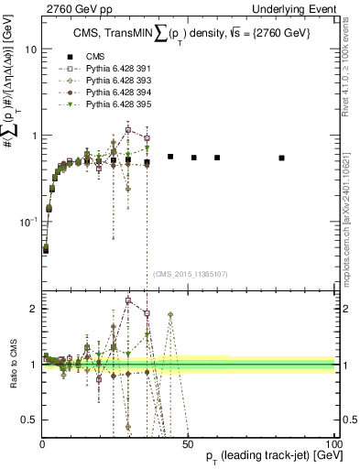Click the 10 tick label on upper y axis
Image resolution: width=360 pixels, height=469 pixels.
pos(30,49)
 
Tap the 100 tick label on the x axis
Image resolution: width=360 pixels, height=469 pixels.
pos(333,442)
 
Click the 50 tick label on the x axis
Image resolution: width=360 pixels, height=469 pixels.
pos(188,442)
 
